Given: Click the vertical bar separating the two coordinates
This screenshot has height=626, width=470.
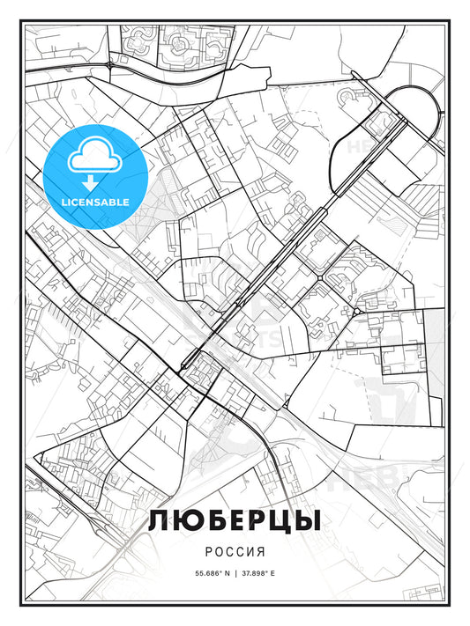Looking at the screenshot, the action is (x=235, y=573).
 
